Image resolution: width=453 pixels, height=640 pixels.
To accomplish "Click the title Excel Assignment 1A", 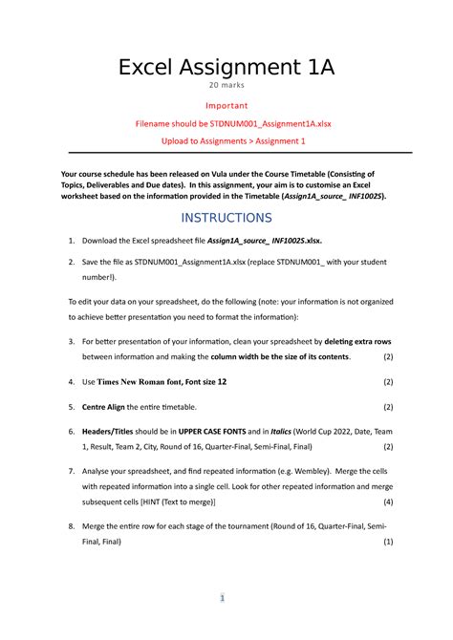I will pos(226,68).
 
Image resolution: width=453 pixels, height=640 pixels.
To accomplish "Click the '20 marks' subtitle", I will pos(226,87).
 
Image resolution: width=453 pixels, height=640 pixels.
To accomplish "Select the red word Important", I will pos(226,105).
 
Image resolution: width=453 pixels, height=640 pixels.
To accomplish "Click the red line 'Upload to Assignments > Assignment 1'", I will pos(226,141).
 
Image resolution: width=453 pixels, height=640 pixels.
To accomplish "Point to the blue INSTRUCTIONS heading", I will pos(226,218).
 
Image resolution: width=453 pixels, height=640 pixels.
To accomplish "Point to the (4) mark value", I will pos(387,501).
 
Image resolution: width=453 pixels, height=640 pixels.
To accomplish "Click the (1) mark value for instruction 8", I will pos(387,542).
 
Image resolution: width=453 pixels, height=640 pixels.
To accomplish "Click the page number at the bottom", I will pos(222,599).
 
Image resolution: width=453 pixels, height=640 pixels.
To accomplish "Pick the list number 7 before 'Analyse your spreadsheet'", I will pos(72,471).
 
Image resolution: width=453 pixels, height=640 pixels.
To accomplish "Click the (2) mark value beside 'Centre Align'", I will pos(387,406).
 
